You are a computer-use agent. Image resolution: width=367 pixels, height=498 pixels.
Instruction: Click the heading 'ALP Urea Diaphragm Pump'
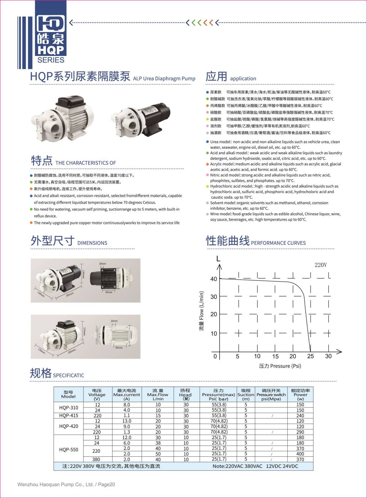pos(164,78)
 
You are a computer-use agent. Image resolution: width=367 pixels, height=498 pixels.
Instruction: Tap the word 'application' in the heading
pos(243,78)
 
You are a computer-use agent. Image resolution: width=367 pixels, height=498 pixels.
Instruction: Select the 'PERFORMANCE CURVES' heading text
pos(278,243)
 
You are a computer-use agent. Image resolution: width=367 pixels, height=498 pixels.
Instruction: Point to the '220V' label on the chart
pos(321,265)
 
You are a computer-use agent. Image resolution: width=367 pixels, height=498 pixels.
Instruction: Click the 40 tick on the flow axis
pos(213,279)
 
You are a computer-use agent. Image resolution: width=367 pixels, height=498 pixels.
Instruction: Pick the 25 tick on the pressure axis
pos(310,356)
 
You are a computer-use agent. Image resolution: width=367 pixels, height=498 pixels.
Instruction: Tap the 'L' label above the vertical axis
pos(218,259)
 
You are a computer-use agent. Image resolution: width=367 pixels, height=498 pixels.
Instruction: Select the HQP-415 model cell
pos(69,415)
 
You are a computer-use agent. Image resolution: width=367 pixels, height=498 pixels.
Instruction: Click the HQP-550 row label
pos(69,450)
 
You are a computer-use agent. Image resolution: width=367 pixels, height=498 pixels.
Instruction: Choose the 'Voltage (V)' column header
pos(97,395)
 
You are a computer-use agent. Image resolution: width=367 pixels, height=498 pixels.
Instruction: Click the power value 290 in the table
pos(300,432)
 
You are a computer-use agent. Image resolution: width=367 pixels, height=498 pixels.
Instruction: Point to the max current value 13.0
pos(127,421)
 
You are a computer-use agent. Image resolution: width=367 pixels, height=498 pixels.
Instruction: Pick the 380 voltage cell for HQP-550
pos(96,459)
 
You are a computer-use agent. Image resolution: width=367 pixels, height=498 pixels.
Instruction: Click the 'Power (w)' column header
pos(300,395)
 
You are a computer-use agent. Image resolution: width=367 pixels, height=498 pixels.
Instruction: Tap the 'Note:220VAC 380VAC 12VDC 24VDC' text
pos(255,466)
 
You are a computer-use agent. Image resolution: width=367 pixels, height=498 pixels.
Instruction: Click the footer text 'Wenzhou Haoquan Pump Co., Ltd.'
pos(55,485)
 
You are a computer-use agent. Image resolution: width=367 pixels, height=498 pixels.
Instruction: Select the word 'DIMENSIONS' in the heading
pos(92,243)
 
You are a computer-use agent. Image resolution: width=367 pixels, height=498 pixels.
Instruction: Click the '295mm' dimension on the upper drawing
pos(70,294)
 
